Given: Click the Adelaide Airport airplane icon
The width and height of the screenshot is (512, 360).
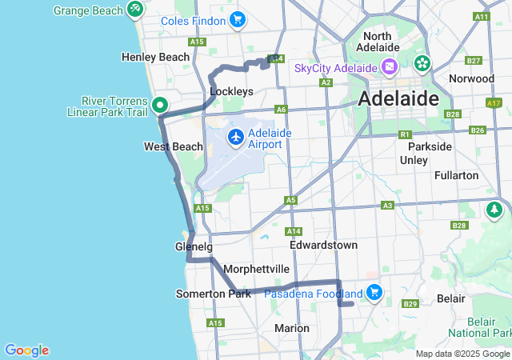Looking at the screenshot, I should coord(236,138).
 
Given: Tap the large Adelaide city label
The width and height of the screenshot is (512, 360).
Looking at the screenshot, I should coord(399,99).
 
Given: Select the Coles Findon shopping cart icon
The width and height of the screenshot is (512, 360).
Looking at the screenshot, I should coord(237,20).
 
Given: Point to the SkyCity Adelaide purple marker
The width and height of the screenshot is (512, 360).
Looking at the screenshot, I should coord(390,67).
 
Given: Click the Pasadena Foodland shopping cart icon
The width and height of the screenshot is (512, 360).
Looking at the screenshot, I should coord(374,294).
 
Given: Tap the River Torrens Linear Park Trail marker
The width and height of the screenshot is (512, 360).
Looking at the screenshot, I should coord(159,105).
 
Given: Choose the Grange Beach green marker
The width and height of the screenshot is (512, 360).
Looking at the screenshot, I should coord(134,10).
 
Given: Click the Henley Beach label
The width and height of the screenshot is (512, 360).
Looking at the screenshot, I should coord(155,57).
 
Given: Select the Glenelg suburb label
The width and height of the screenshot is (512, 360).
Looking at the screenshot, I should coord(193,246).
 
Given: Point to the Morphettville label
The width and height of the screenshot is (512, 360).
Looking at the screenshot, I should coord(256,269).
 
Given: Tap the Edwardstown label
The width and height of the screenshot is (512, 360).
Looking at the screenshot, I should coord(323,245).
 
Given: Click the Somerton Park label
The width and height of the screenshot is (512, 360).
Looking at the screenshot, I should coord(214,294).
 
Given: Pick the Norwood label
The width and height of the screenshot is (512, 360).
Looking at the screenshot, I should coord(471,78).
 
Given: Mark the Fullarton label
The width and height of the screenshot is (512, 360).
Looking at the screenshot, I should coord(456,175).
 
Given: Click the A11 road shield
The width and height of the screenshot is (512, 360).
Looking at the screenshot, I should coord(481,16).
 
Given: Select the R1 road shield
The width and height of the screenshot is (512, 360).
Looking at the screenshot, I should coord(405,134).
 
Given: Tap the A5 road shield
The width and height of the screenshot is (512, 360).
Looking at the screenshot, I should coord(290,200).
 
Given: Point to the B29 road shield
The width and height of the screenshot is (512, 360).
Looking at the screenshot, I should coord(410,304).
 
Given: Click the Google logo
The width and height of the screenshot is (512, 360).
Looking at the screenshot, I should coord(26,350).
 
